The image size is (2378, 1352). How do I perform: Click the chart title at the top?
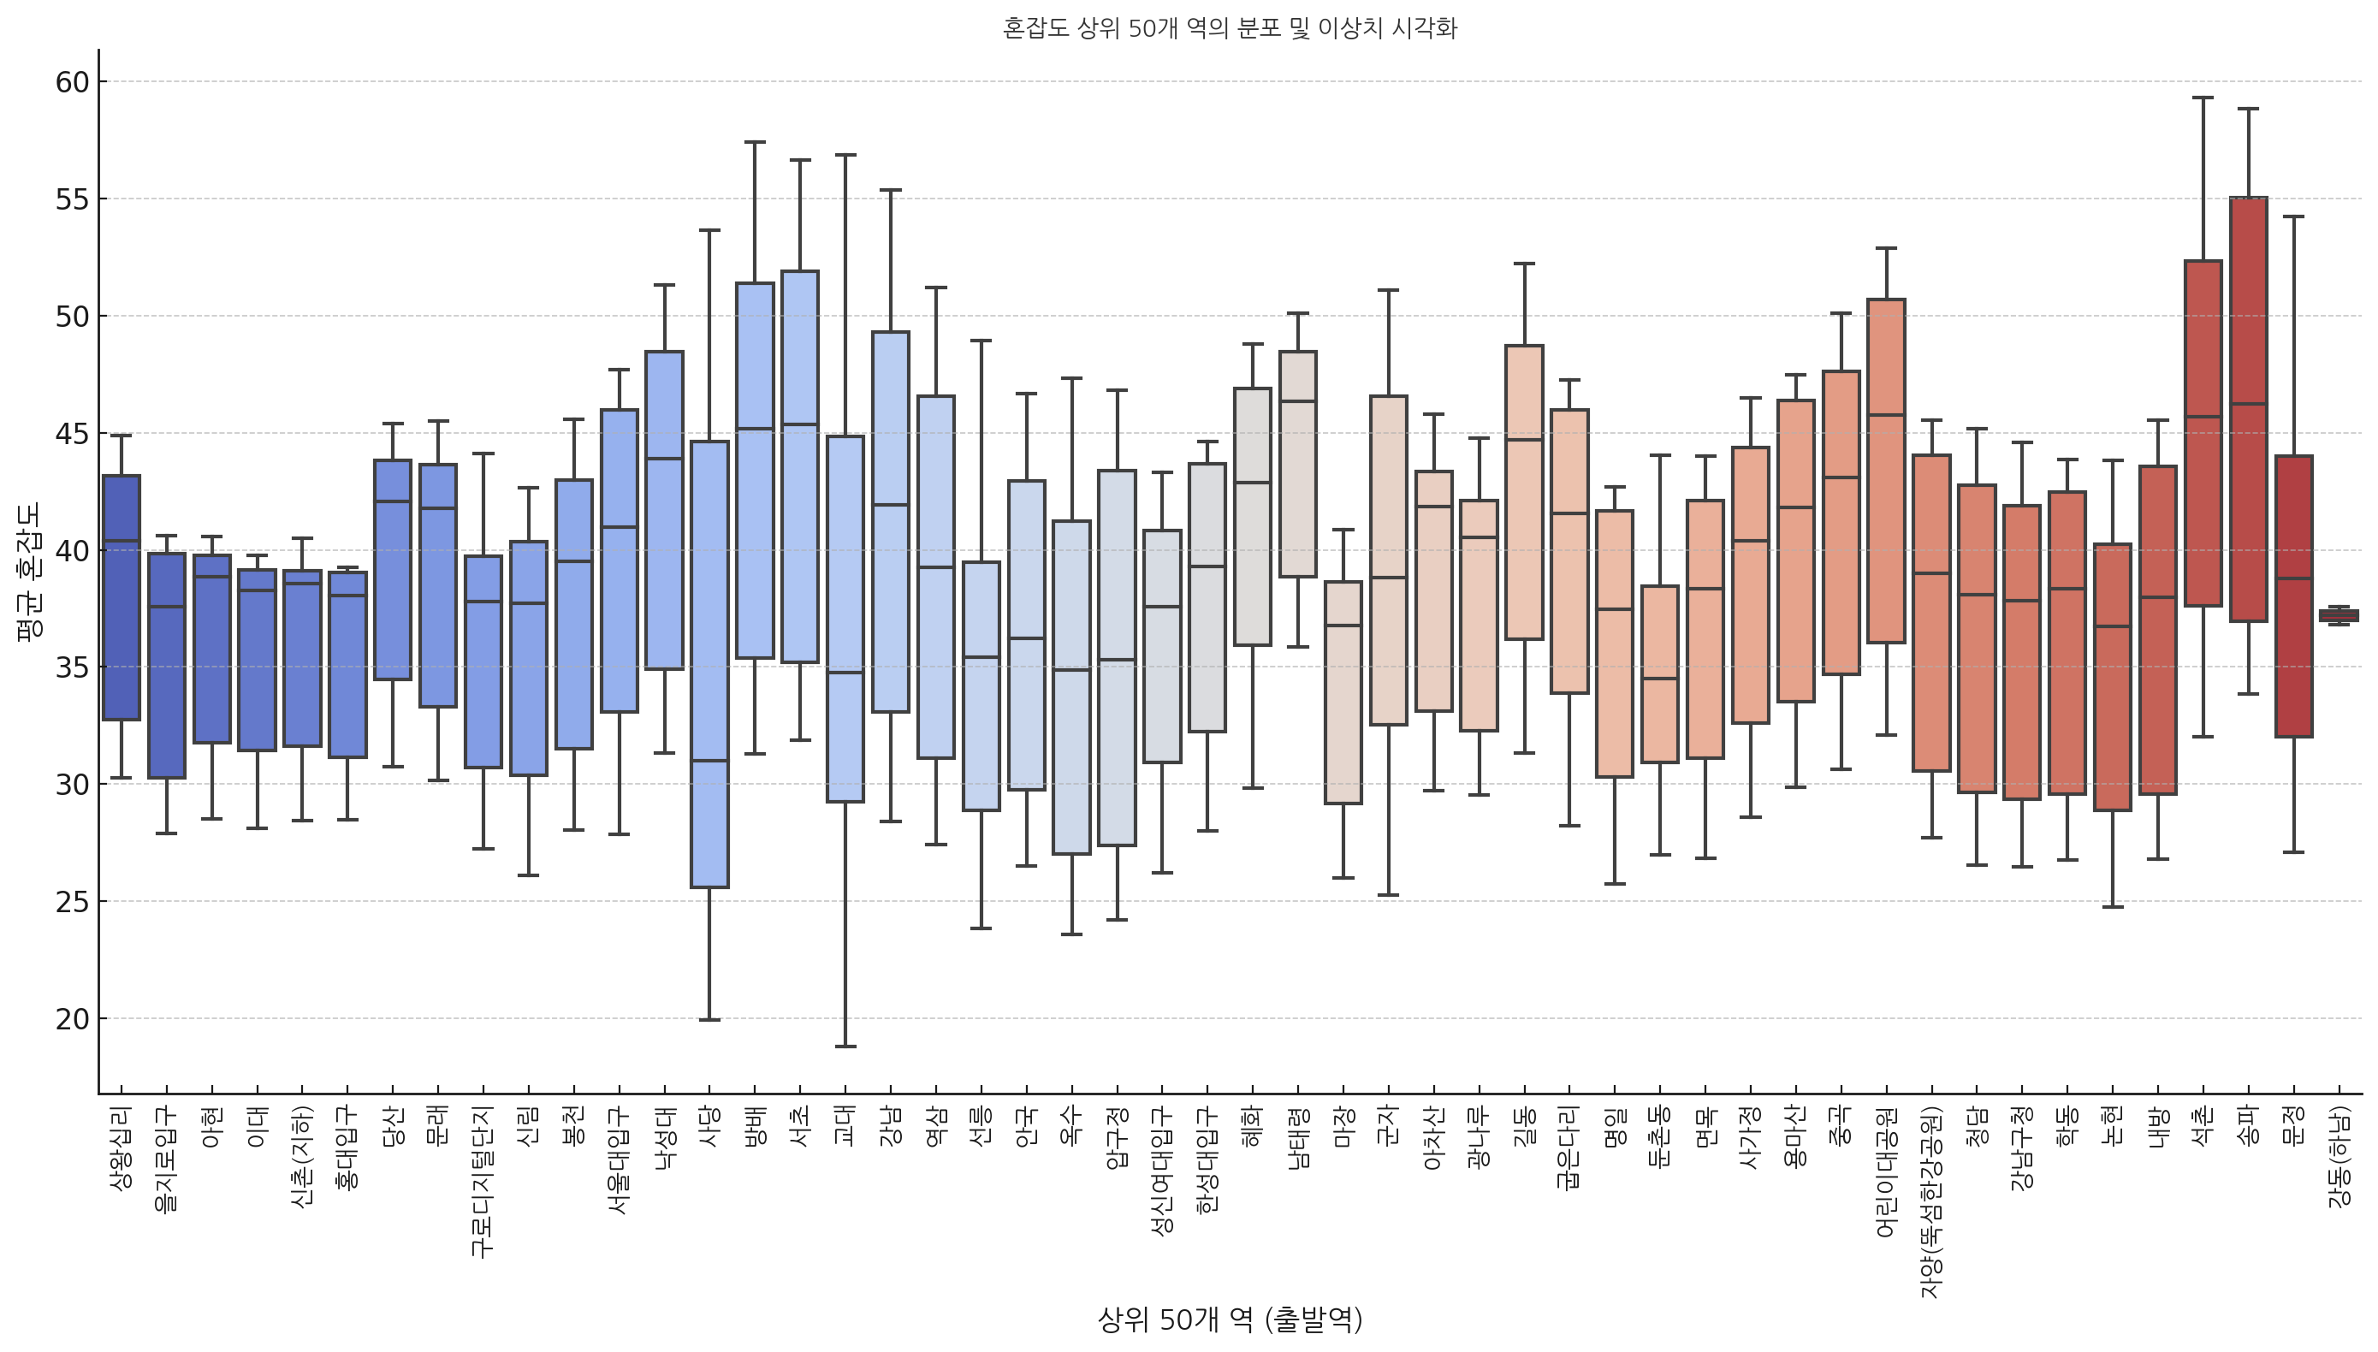tap(1230, 29)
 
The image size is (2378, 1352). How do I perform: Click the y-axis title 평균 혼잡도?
tap(29, 571)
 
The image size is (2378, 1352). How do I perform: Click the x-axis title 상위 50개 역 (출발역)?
tap(1230, 1319)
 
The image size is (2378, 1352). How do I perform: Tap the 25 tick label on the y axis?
tap(73, 902)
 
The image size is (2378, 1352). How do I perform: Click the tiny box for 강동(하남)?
tap(2339, 615)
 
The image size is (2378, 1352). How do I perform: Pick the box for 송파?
tap(2248, 408)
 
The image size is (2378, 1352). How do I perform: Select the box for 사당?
tap(710, 664)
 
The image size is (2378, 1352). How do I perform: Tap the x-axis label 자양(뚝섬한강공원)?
tap(1931, 1201)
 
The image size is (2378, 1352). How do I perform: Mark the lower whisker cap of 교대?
tap(845, 1047)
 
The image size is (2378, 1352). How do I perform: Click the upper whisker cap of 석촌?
tap(2203, 98)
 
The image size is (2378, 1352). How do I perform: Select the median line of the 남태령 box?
tap(1298, 401)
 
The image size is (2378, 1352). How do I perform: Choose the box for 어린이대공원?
tap(1887, 470)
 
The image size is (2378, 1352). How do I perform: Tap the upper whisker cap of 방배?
tap(755, 142)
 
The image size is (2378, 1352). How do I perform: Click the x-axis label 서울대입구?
tap(620, 1160)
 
